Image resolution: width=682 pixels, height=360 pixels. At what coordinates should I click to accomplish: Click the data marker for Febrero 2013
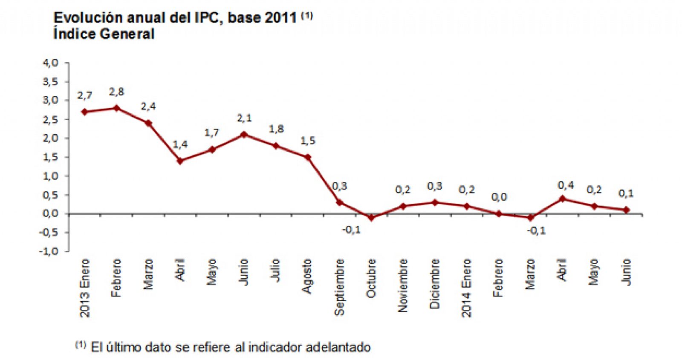pos(116,108)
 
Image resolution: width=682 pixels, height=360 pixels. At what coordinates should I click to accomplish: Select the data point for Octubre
pos(371,218)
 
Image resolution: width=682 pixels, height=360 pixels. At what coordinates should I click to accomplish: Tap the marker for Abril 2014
pos(563,199)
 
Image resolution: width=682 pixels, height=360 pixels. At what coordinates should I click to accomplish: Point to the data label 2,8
pos(116,92)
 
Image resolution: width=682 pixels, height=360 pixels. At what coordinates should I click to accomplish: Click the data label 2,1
pos(244,118)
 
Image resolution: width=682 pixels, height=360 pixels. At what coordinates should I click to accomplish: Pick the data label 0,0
pos(499,198)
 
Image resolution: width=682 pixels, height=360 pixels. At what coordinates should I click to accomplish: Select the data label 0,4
pos(566,185)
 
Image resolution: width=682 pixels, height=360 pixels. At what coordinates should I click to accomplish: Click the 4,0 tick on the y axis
pos(50,63)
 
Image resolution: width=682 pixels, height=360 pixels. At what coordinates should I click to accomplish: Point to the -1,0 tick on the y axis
pos(49,251)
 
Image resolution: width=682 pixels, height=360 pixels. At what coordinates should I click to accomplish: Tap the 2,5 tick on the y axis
pos(50,120)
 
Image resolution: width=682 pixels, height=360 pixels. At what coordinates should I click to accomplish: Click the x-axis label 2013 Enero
pos(85,288)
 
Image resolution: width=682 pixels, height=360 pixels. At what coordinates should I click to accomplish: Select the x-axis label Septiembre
pos(339,287)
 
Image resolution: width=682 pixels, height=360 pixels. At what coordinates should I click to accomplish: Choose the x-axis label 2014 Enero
pos(467,288)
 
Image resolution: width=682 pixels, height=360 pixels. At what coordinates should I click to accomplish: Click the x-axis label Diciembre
pos(435,284)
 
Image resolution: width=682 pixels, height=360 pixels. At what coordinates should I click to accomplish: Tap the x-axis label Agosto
pos(307,276)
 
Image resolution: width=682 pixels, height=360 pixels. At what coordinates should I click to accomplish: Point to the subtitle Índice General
pos(104,34)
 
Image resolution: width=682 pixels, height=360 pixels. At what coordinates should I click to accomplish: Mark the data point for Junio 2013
pos(244,135)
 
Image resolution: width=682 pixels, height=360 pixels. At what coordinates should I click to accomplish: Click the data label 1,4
pos(180,145)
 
